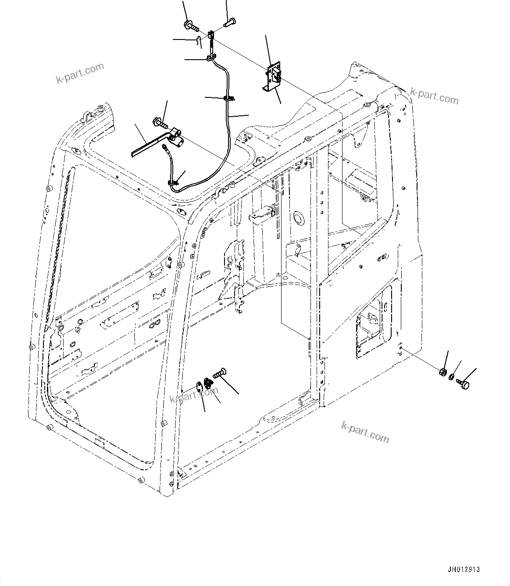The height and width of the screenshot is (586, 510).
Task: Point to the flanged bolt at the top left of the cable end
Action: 191,25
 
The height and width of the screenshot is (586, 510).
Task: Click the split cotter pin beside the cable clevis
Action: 198,41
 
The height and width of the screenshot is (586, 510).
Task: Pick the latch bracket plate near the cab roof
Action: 274,77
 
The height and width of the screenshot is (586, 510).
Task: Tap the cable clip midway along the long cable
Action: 228,99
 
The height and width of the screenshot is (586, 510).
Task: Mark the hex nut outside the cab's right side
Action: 443,372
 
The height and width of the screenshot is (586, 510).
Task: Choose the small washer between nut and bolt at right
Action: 452,377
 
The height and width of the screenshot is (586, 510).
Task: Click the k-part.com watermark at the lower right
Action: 364,432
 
